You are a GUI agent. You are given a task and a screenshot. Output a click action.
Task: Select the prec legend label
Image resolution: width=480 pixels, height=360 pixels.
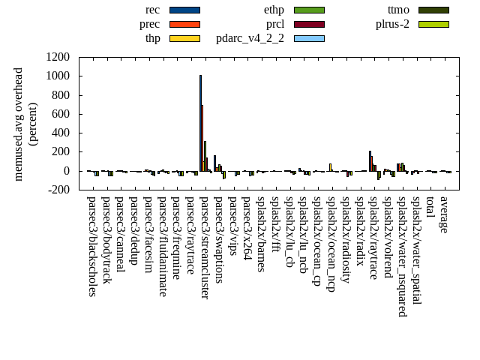tap(149, 23)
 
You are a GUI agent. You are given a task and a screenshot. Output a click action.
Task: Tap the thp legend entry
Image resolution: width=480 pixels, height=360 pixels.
tap(152, 37)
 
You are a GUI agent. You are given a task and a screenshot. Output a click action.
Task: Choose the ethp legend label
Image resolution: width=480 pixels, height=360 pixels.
tap(274, 10)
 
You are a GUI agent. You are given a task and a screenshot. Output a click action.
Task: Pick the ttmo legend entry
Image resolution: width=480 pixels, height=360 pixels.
tap(398, 10)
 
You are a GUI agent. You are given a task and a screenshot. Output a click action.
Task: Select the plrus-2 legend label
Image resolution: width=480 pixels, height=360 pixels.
tap(392, 23)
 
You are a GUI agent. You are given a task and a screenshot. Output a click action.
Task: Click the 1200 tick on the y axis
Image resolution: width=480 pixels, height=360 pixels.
tap(58, 57)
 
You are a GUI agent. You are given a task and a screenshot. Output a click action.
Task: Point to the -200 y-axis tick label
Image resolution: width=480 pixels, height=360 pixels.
tap(58, 190)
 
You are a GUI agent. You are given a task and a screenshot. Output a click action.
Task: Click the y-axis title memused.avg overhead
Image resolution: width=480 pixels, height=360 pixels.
tap(19, 124)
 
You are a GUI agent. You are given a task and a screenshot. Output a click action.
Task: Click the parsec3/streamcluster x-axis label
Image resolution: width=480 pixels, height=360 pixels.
tap(203, 247)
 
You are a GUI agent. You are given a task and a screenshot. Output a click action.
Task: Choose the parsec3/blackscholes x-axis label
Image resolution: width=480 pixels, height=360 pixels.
tap(91, 246)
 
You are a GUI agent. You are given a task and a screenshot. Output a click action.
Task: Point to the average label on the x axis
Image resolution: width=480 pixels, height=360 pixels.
tap(443, 214)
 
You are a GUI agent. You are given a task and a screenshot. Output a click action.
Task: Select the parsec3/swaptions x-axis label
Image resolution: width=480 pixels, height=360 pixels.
tap(217, 240)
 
